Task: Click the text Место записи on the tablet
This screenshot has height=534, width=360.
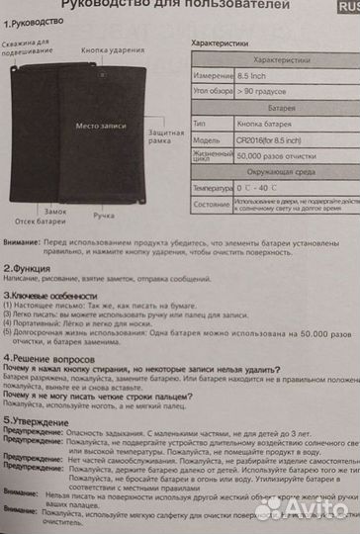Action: tap(100, 127)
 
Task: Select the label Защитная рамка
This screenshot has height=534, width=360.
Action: tap(165, 136)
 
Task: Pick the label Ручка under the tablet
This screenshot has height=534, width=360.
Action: tap(105, 215)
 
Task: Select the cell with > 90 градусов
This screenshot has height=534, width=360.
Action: tap(263, 91)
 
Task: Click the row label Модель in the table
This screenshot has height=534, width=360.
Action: tap(207, 140)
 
